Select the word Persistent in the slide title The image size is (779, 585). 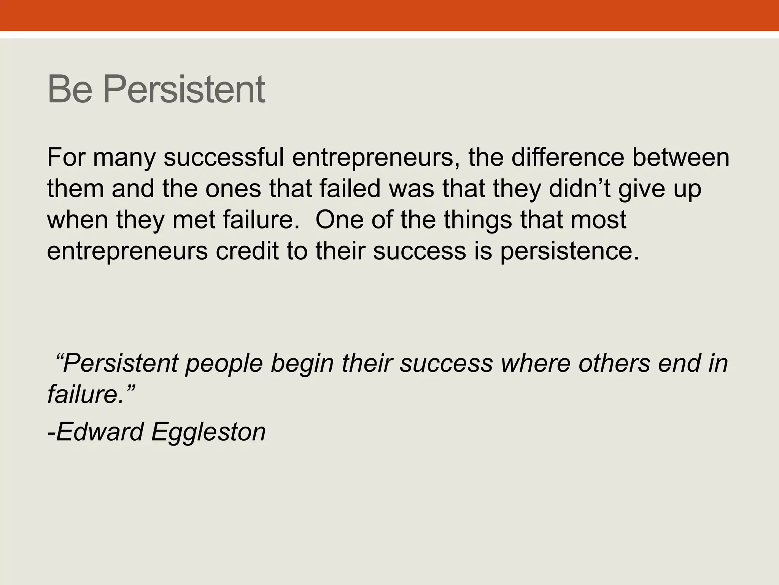coord(184,90)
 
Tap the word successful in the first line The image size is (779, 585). coord(224,157)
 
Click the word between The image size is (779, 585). coord(681,157)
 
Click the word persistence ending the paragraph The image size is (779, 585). coord(569,252)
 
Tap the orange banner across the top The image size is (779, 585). coord(389,15)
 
